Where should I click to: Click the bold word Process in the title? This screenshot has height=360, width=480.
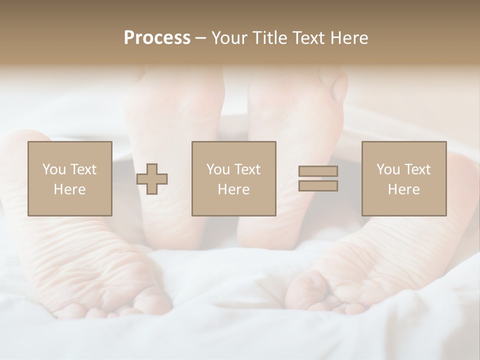157,38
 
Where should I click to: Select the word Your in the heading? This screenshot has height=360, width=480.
230,38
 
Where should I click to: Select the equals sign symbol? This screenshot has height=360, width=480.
318,178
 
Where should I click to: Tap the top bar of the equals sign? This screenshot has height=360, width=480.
318,171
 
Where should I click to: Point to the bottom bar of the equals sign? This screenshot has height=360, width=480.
318,186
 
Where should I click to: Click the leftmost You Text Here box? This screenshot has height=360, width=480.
69,178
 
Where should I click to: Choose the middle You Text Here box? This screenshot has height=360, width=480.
233,178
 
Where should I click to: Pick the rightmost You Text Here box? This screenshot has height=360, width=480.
403,178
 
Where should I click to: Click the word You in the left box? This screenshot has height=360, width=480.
54,169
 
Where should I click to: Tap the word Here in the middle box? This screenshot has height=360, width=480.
233,189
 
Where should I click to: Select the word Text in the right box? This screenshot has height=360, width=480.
417,169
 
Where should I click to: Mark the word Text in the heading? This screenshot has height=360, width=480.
305,38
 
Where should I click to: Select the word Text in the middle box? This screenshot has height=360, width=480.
247,169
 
